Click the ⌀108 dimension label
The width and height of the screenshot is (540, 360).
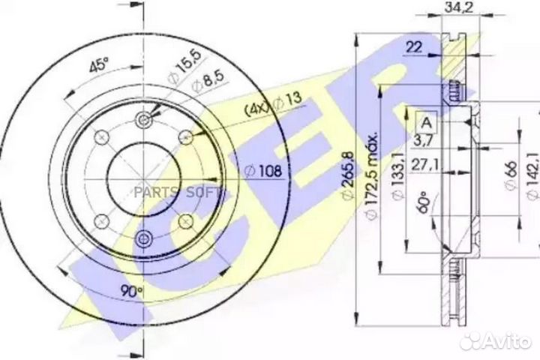[263, 172]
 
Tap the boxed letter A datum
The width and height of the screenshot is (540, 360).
[425, 122]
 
